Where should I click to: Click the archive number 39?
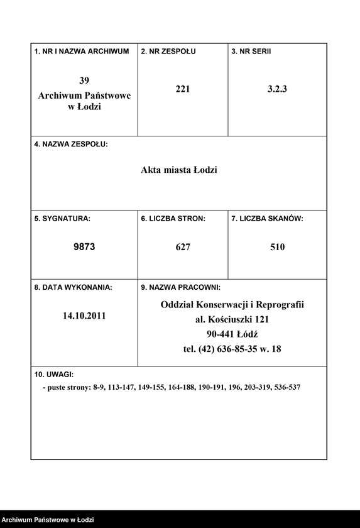coord(84,80)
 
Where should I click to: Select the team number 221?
coord(183,89)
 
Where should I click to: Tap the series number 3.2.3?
coord(277,89)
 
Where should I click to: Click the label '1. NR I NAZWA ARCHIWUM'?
coord(82,51)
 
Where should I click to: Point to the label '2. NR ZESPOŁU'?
coord(168,51)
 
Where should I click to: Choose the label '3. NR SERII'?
coord(251,51)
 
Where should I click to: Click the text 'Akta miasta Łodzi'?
coord(179,170)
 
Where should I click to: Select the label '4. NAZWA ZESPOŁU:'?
coord(71,145)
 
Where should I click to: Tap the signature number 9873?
coord(84,247)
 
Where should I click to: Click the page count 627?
coord(183,247)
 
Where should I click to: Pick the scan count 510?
coord(277,247)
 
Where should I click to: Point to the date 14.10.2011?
coord(84,316)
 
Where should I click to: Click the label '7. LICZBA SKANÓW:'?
coord(268,219)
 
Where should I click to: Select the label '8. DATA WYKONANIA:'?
coord(73,287)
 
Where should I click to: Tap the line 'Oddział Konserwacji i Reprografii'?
coord(232,305)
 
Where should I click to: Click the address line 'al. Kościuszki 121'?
coord(232,319)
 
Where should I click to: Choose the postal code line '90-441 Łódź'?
coord(232,334)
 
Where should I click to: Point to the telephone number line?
coord(232,349)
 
